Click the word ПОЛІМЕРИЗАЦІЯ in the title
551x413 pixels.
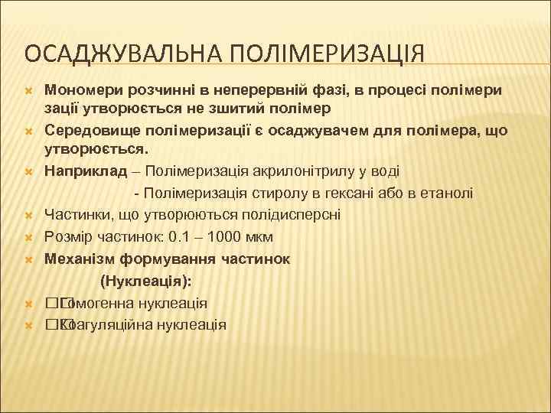pyautogui.click(x=321, y=56)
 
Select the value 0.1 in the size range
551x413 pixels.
pyautogui.click(x=184, y=237)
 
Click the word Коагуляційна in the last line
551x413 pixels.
pyautogui.click(x=106, y=324)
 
